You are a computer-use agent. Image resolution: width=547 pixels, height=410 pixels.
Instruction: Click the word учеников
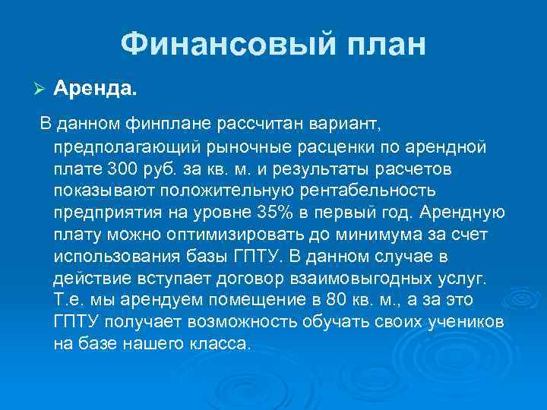click(x=465, y=320)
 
